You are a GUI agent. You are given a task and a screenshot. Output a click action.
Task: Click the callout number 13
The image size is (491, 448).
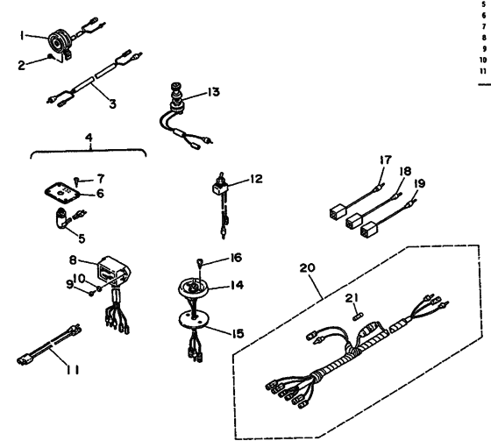214,92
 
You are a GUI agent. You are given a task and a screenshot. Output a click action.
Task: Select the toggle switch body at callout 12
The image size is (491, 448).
219,188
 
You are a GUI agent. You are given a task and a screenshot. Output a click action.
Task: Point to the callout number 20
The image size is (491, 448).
307,268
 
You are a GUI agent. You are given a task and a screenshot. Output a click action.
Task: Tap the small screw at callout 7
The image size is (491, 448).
76,181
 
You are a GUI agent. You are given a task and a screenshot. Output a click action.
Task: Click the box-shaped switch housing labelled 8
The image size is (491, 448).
113,272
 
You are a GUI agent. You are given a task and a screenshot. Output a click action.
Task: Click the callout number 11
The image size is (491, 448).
73,370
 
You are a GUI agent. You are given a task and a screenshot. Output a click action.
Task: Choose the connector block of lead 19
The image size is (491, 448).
369,230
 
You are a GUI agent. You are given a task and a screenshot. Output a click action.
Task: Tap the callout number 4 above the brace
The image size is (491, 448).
89,137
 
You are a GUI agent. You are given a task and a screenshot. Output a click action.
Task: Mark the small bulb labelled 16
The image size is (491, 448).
199,262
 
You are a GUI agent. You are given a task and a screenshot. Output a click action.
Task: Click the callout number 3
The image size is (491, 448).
113,104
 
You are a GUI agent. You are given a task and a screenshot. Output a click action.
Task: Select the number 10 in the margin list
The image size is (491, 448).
483,60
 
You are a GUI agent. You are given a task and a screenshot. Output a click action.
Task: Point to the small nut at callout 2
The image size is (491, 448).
49,56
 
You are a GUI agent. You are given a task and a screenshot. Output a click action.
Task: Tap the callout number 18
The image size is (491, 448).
405,172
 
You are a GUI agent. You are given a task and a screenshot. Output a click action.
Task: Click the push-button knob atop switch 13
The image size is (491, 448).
175,86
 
